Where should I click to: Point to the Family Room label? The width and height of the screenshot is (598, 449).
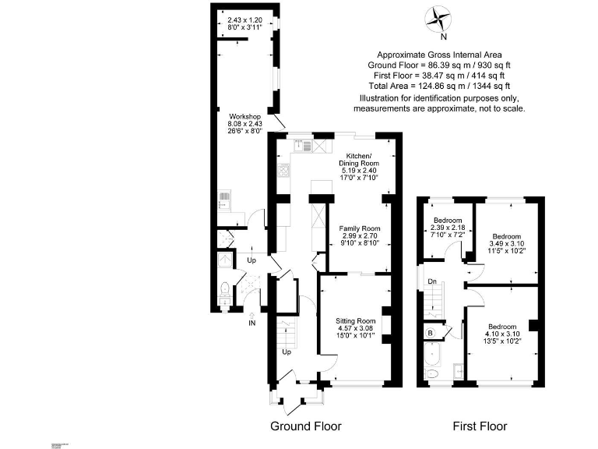pos(359,235)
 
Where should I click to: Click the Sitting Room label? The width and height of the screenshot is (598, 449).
pos(355,328)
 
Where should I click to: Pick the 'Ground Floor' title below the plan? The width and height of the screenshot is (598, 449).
pos(305,426)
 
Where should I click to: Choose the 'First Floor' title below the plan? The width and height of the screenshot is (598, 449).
pos(480,426)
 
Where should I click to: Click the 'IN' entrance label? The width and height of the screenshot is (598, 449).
pos(252,322)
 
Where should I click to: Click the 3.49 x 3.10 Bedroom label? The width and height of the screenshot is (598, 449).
pos(509,242)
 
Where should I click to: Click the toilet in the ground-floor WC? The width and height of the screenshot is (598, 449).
pos(224,292)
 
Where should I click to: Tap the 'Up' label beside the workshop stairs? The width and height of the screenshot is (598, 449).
pos(252,260)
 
